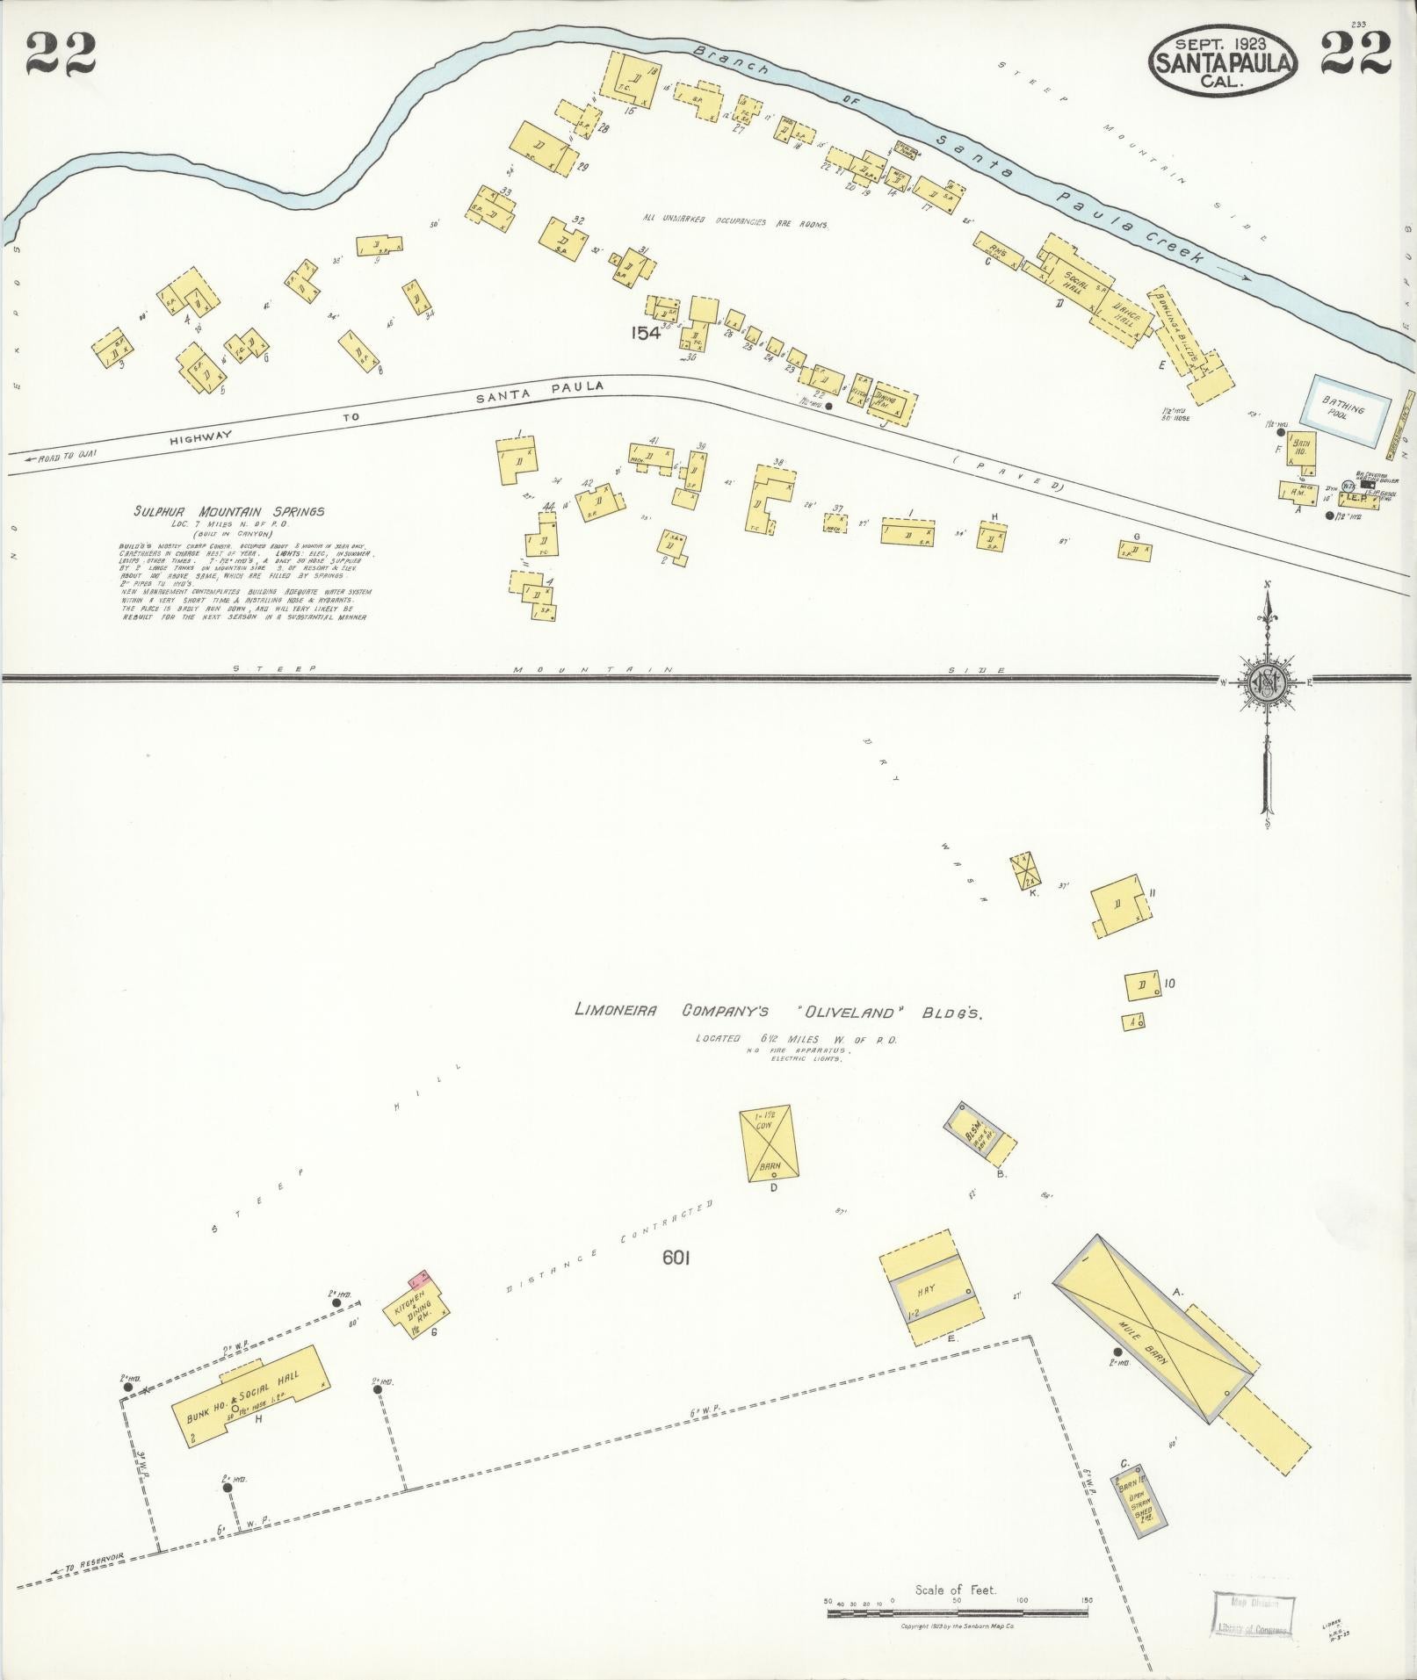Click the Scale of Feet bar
pos(957,1612)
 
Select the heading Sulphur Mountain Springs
pos(229,511)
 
